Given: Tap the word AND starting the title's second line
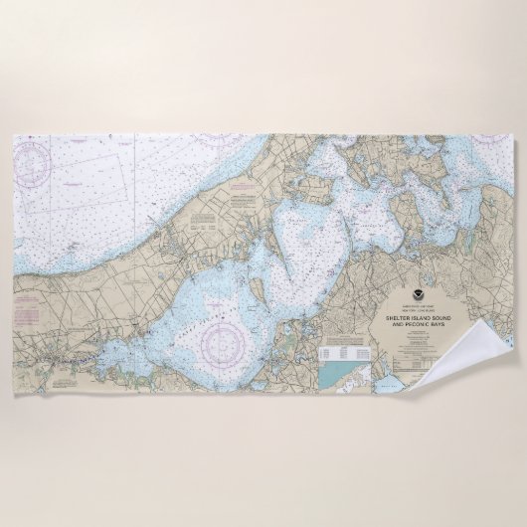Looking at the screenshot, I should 394,325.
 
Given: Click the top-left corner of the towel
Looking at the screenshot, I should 14,136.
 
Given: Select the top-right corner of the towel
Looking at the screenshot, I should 513,136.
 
